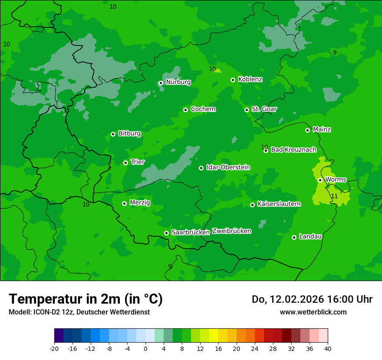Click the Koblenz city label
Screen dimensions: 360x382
(x=250, y=79)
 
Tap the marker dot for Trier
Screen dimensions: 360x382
(x=125, y=163)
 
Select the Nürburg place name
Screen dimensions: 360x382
(x=178, y=82)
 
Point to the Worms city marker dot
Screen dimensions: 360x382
(x=320, y=180)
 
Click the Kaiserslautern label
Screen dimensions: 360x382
(x=279, y=204)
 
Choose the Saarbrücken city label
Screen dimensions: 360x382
(x=191, y=232)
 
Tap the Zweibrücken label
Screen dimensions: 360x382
(x=231, y=231)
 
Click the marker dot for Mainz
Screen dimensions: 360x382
(x=307, y=130)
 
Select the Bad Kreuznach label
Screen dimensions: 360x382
(x=294, y=150)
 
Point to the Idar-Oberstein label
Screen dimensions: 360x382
(x=228, y=167)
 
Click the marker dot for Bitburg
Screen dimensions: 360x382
(x=113, y=134)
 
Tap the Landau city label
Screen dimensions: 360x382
(x=310, y=236)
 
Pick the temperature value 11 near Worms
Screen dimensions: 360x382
(x=334, y=196)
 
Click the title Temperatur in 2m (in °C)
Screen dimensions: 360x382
(x=86, y=299)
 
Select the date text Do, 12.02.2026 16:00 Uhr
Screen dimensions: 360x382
(x=312, y=299)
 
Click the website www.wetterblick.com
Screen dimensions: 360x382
(x=313, y=312)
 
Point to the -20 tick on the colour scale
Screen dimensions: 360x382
(x=54, y=348)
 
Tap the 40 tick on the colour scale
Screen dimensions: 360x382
(x=328, y=348)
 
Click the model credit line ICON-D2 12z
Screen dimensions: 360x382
(x=79, y=312)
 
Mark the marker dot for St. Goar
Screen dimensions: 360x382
(x=247, y=110)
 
